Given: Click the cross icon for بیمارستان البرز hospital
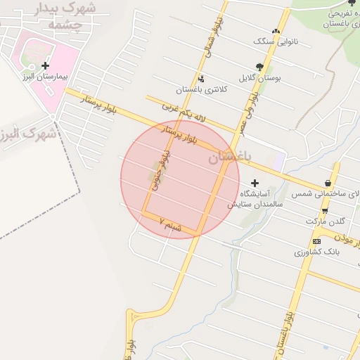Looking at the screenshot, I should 46,65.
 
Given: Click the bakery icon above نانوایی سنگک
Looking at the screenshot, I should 276,31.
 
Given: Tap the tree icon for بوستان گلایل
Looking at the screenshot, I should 259,67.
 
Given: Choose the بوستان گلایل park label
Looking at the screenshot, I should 260,78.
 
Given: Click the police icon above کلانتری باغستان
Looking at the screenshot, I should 202,79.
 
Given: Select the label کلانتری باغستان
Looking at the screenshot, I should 199,90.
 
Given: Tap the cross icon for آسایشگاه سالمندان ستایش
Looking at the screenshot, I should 255,183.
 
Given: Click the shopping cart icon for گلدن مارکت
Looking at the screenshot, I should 324,210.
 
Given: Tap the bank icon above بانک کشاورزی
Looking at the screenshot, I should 316,241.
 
